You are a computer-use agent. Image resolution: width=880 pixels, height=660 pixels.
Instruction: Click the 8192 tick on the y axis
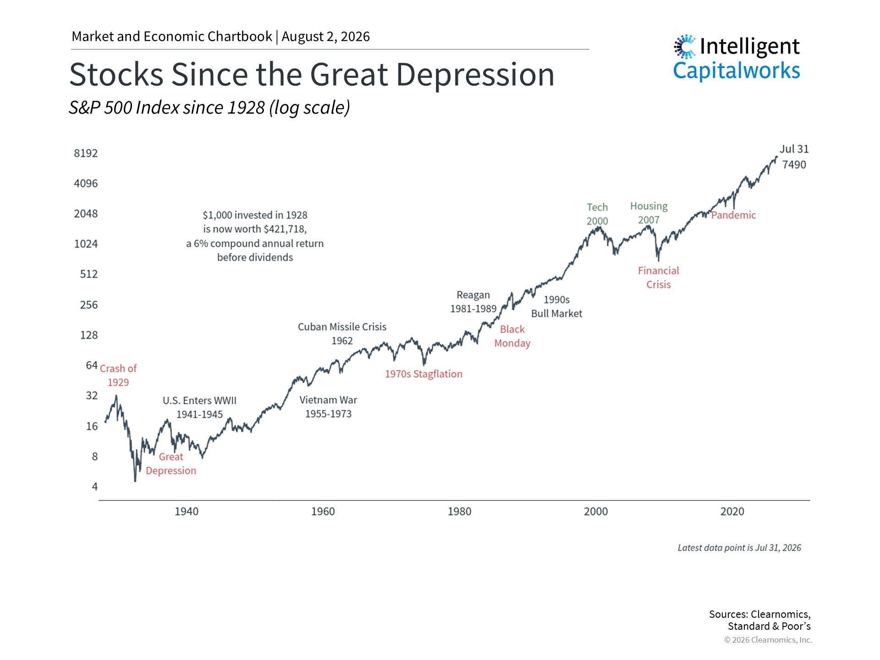[x=86, y=153]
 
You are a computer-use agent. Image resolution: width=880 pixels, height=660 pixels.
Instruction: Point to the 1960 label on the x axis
[x=323, y=511]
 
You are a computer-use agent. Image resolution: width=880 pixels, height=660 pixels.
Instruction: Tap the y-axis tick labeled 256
[x=89, y=305]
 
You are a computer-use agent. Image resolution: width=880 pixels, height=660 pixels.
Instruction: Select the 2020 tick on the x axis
[x=732, y=511]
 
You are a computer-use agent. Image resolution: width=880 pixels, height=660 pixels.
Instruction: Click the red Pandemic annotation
[x=733, y=215]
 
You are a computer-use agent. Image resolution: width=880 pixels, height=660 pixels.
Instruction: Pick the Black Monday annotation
[x=512, y=336]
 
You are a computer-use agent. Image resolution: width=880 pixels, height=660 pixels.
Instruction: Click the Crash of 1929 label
[x=118, y=375]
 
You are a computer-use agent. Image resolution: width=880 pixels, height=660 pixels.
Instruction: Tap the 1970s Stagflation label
[x=423, y=374]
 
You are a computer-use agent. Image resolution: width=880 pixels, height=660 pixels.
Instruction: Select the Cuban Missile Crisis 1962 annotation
[x=342, y=334]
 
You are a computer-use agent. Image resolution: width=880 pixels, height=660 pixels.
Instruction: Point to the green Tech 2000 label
[x=597, y=214]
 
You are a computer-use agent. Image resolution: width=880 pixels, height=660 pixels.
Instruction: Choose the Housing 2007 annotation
[x=649, y=213]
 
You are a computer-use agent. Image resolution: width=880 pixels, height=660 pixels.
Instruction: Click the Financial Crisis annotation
[x=658, y=277]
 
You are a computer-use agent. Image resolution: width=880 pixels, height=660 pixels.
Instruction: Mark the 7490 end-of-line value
[x=794, y=165]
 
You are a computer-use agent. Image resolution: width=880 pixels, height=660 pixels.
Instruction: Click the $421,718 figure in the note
[x=285, y=229]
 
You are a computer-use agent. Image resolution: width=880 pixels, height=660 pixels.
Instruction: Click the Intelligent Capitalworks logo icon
[x=685, y=47]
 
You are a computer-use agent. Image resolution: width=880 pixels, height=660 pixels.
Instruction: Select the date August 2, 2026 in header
[x=325, y=37]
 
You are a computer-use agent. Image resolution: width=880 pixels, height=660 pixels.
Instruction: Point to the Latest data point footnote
[x=739, y=548]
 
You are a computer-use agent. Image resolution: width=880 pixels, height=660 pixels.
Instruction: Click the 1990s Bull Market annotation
[x=556, y=307]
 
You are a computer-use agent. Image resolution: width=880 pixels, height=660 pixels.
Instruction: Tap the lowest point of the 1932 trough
[x=135, y=481]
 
